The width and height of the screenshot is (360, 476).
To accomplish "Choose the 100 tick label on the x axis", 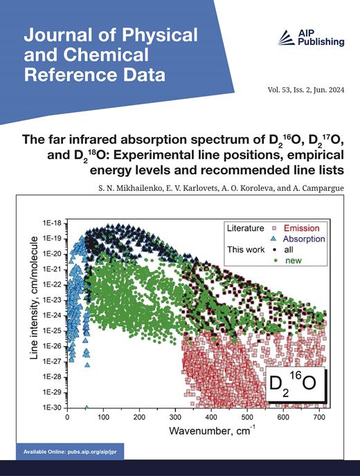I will [103, 418].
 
